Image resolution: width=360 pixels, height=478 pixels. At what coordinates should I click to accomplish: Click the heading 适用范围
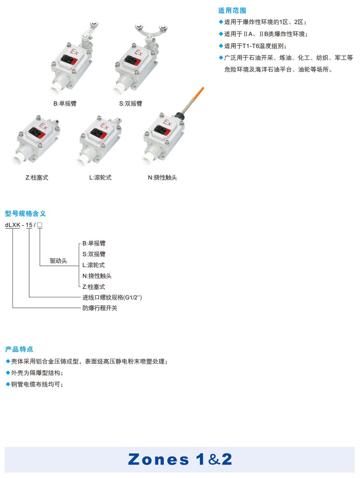(x=232, y=11)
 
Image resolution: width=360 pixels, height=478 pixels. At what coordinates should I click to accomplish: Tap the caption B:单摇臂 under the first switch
(x=65, y=104)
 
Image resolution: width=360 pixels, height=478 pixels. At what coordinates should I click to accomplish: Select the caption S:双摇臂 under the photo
(x=130, y=104)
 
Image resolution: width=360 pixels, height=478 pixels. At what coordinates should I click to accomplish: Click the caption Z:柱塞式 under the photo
(x=37, y=177)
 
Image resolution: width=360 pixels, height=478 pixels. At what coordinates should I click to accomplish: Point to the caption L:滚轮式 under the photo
(x=100, y=177)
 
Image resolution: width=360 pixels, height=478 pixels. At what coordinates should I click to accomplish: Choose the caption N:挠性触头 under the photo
(x=162, y=177)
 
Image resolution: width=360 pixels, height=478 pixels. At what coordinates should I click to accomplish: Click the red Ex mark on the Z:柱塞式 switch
(x=43, y=126)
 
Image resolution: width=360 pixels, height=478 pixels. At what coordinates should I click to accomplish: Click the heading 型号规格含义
(x=25, y=213)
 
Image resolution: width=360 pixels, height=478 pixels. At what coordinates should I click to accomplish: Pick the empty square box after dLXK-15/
(x=40, y=225)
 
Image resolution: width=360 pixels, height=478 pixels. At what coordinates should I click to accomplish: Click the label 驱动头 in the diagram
(x=58, y=261)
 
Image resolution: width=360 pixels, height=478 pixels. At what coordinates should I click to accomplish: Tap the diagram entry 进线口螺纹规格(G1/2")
(x=112, y=297)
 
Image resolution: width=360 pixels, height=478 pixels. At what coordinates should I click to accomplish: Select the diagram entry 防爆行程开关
(x=100, y=308)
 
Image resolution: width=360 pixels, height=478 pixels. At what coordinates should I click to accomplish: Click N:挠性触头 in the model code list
(x=97, y=276)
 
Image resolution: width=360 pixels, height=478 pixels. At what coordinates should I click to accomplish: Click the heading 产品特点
(x=19, y=349)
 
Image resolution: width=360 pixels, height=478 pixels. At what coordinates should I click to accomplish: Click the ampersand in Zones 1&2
(x=214, y=460)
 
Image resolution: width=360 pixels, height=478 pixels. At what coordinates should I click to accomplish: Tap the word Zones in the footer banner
(x=158, y=460)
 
